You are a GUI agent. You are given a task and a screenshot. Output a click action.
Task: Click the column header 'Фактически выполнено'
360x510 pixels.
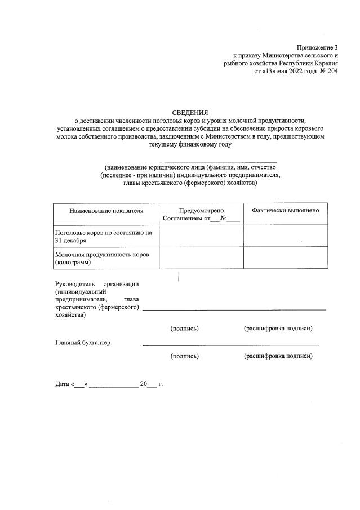pyautogui.click(x=286, y=210)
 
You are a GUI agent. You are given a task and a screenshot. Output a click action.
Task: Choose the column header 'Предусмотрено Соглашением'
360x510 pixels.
pyautogui.click(x=201, y=214)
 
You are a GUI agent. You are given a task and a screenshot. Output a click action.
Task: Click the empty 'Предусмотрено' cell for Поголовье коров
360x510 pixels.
pyautogui.click(x=201, y=236)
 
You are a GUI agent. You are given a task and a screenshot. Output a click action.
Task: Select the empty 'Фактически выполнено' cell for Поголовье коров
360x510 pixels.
pyautogui.click(x=286, y=236)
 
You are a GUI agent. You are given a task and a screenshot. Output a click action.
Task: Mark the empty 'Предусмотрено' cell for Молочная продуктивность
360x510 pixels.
pyautogui.click(x=201, y=259)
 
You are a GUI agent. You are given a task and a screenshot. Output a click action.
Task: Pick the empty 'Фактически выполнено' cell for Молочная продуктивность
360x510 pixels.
pyautogui.click(x=286, y=259)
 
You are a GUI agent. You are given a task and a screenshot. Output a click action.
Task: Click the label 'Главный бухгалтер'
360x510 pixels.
pyautogui.click(x=83, y=343)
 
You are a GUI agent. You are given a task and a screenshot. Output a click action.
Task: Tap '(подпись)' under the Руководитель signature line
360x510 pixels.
pyautogui.click(x=185, y=328)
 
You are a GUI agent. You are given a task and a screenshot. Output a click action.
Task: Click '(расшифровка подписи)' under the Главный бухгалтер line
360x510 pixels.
pyautogui.click(x=278, y=356)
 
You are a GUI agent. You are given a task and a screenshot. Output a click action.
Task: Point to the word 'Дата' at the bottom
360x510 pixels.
pyautogui.click(x=62, y=384)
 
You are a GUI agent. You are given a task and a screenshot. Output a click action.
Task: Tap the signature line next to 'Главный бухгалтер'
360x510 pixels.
pyautogui.click(x=231, y=344)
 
